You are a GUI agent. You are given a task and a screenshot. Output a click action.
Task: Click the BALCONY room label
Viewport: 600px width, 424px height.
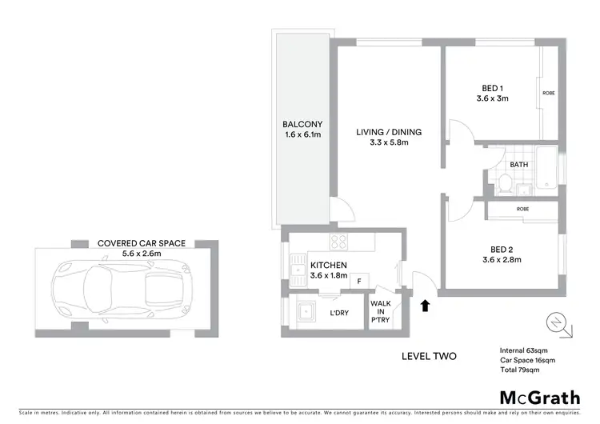click(302, 124)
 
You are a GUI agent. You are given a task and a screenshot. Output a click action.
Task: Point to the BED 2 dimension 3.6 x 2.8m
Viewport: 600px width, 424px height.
click(502, 259)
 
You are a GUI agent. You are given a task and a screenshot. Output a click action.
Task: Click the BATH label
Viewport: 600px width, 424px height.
click(519, 165)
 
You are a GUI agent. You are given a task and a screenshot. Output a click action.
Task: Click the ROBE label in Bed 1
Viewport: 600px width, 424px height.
click(549, 94)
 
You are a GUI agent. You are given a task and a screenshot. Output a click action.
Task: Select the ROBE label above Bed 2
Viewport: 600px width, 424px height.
click(522, 209)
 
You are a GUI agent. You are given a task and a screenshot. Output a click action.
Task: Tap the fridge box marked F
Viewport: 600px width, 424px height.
click(360, 281)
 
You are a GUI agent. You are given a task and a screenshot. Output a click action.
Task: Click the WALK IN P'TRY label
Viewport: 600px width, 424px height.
click(380, 311)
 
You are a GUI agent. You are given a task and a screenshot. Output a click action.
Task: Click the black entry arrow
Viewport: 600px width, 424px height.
click(424, 305)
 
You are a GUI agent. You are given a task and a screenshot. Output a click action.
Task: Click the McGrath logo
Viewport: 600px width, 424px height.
click(540, 398)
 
